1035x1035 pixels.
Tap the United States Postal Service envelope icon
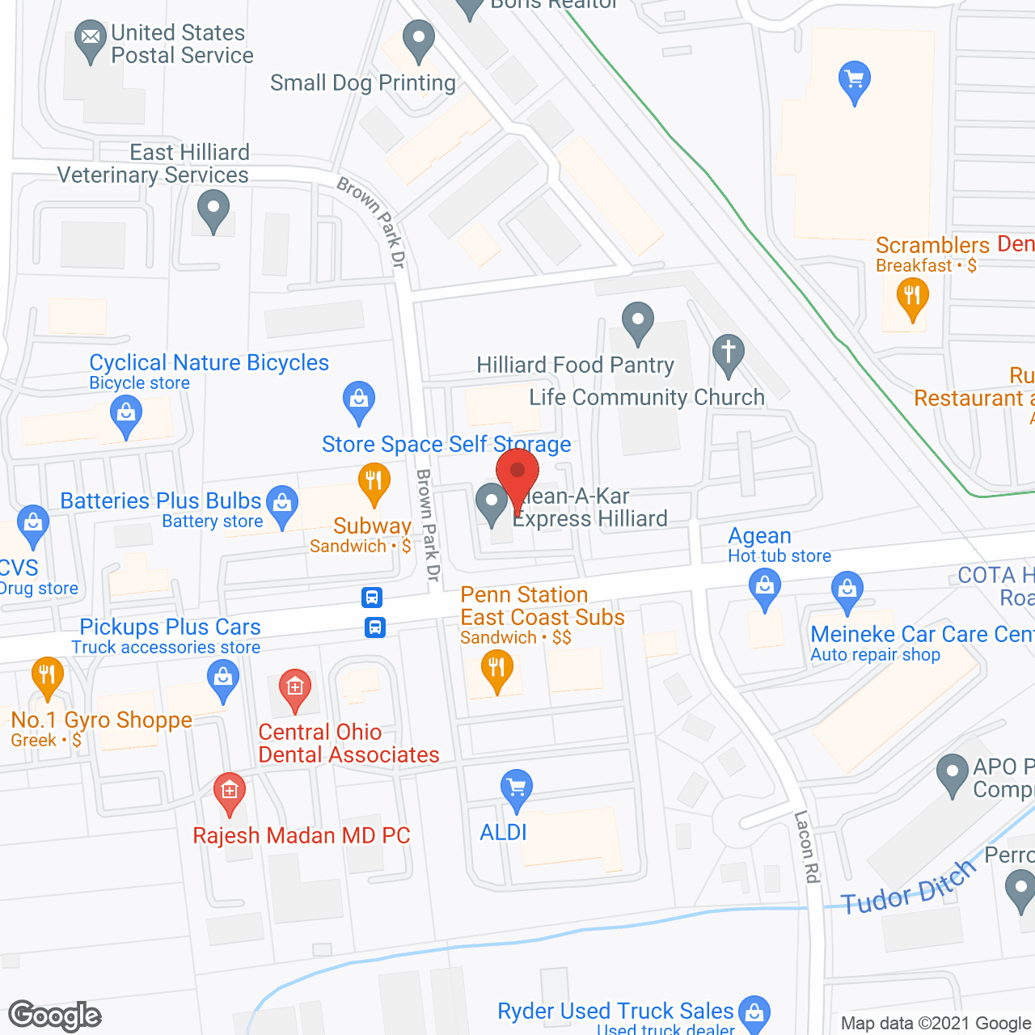[x=91, y=38]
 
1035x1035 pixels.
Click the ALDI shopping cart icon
[x=516, y=788]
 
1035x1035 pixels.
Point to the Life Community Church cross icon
[x=729, y=353]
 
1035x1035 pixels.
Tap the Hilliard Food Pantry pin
[x=638, y=321]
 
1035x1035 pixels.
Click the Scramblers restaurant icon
[x=912, y=296]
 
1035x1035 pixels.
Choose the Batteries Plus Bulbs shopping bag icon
[x=282, y=504]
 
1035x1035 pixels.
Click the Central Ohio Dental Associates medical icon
[x=295, y=689]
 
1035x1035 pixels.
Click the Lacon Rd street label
[x=807, y=847]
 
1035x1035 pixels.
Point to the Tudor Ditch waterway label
[x=908, y=888]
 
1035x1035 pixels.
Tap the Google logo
[x=55, y=1016]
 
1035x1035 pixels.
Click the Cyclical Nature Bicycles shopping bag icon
[x=126, y=416]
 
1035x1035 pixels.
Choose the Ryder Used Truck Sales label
[x=615, y=1011]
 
